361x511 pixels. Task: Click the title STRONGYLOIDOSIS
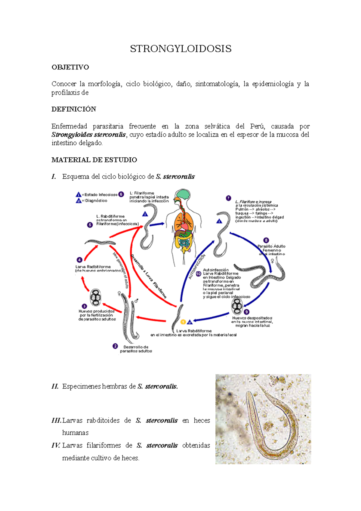pos(180,49)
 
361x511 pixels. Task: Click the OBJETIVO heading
pos(70,67)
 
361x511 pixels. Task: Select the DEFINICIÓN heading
pos(74,109)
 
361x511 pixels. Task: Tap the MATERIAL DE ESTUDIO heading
pos(94,160)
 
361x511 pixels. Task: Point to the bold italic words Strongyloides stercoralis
pos(88,135)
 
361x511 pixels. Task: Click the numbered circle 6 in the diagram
pos(121,194)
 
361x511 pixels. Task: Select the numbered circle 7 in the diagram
pos(228,198)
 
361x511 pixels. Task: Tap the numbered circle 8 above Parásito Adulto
pos(266,240)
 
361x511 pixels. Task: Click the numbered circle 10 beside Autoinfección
pos(199,274)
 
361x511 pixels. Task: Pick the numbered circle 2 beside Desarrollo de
pos(115,346)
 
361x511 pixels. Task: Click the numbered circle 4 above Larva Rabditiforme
pos(79,260)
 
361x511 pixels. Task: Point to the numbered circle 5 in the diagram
pos(90,225)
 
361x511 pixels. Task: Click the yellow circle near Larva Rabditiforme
pos(183,322)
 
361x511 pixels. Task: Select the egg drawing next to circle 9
pos(237,306)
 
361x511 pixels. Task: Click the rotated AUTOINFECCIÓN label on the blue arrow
pos(197,267)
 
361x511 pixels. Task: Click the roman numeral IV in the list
pos(56,445)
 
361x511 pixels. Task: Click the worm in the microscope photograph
pos(271,427)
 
